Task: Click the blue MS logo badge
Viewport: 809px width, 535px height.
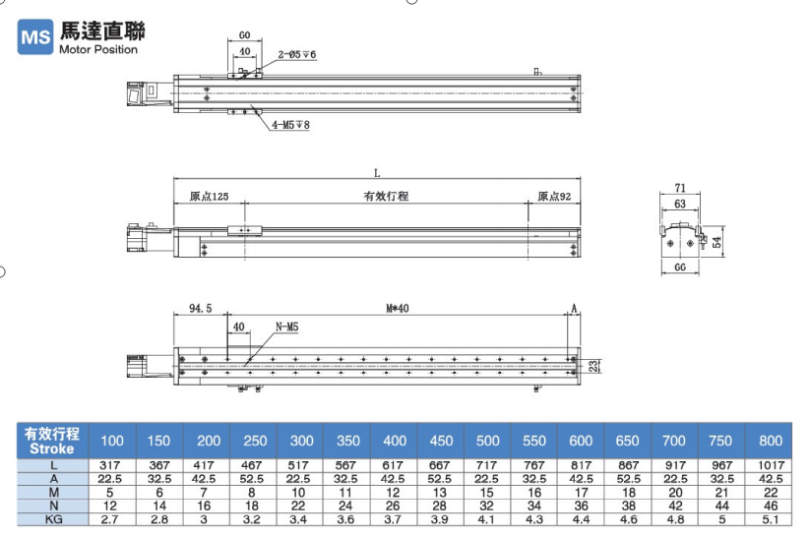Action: (x=35, y=36)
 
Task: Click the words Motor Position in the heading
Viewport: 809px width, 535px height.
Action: (x=98, y=49)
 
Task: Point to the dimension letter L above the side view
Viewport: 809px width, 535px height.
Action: (x=377, y=173)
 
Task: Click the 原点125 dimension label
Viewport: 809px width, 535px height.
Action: (x=209, y=196)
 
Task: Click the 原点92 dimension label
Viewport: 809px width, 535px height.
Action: (x=554, y=196)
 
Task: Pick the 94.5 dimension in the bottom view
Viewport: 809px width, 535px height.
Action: (x=200, y=308)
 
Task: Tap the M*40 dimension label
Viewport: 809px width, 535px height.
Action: (x=398, y=308)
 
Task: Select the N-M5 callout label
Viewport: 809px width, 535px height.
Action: (x=286, y=327)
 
